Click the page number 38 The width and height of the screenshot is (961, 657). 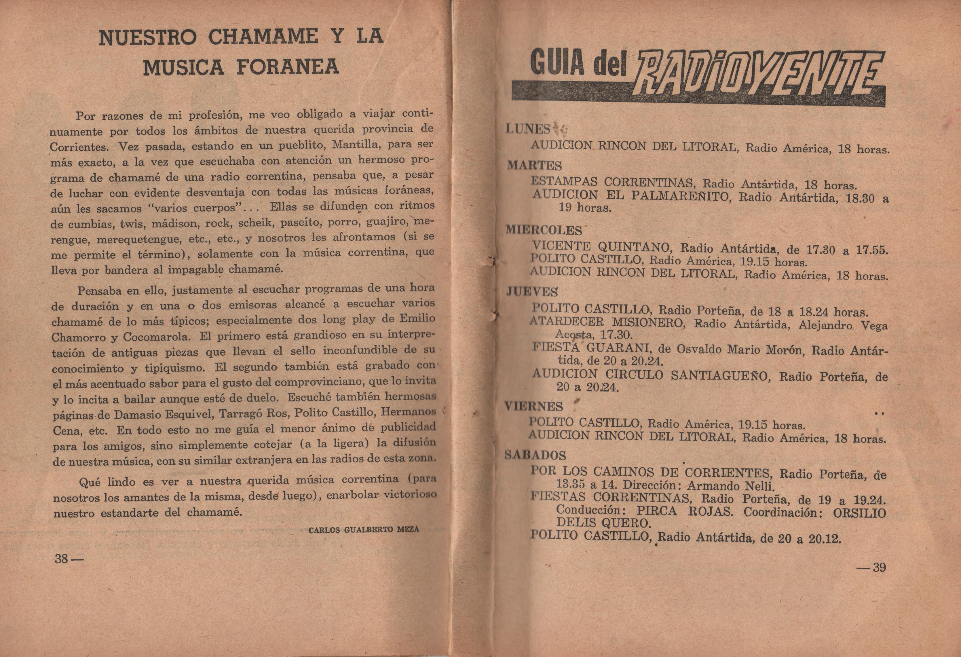(x=61, y=559)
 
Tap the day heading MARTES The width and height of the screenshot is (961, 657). (x=534, y=165)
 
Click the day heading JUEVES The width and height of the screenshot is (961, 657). (x=532, y=292)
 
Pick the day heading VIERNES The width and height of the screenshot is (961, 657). (x=533, y=407)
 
